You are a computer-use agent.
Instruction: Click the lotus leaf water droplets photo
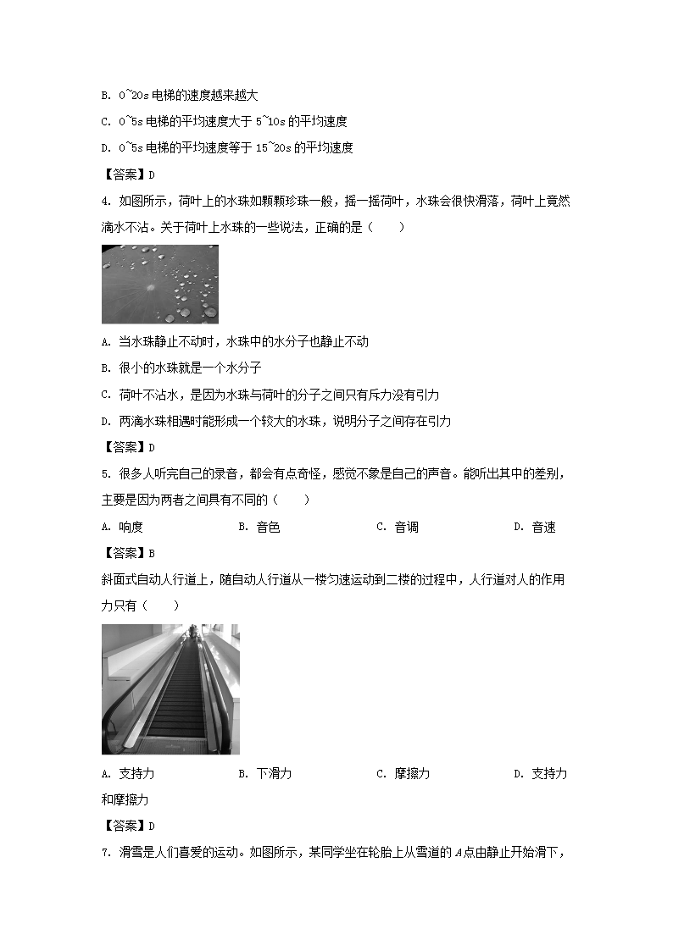pyautogui.click(x=159, y=285)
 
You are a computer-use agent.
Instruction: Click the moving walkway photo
pyautogui.click(x=170, y=688)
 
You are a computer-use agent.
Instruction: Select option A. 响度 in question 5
pyautogui.click(x=122, y=527)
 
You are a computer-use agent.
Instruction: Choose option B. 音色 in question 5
pyautogui.click(x=259, y=527)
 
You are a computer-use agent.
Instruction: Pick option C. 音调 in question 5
pyautogui.click(x=397, y=527)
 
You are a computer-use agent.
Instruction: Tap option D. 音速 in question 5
pyautogui.click(x=534, y=527)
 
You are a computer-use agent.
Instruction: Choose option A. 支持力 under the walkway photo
pyautogui.click(x=127, y=773)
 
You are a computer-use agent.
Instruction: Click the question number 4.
pyautogui.click(x=104, y=202)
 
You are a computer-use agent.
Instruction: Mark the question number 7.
pyautogui.click(x=104, y=852)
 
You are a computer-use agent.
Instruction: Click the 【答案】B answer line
pyautogui.click(x=128, y=553)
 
